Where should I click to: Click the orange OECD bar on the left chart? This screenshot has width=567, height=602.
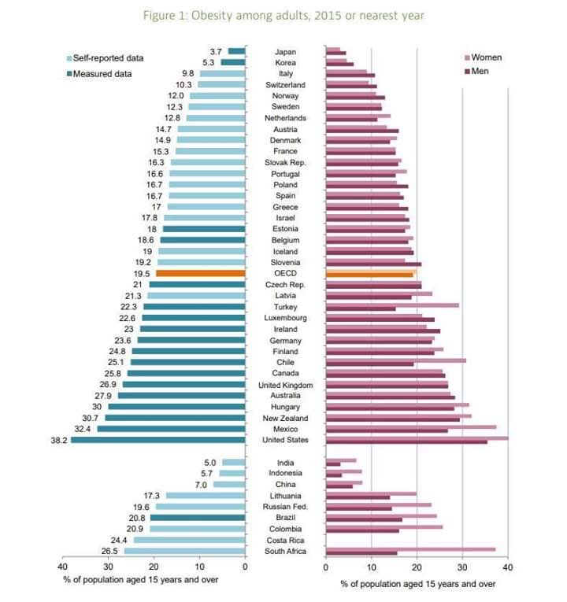[201, 273]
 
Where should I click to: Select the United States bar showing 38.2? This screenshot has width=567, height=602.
[157, 440]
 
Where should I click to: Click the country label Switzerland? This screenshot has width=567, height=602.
[284, 84]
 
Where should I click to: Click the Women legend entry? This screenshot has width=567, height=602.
[485, 57]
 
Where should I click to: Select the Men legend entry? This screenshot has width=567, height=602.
[481, 72]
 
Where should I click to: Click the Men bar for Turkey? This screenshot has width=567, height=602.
[360, 308]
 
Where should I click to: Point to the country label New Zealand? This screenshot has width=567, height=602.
[284, 418]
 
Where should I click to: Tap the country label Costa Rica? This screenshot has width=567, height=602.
[284, 541]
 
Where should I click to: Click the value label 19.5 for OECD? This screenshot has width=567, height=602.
[144, 273]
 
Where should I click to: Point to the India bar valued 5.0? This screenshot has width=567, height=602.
[234, 463]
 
